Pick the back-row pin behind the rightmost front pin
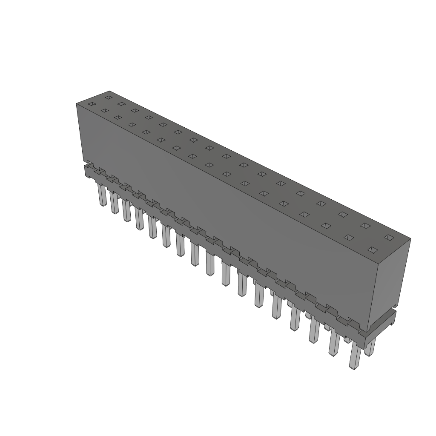[x=370, y=347]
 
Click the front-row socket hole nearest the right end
[x=373, y=250]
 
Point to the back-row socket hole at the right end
[x=388, y=237]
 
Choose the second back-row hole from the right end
[x=365, y=225]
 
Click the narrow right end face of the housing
[x=390, y=281]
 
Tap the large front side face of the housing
[x=221, y=221]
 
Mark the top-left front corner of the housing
[x=77, y=104]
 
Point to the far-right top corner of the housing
[x=410, y=239]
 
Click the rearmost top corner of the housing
[x=109, y=91]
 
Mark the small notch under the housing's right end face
[x=395, y=306]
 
